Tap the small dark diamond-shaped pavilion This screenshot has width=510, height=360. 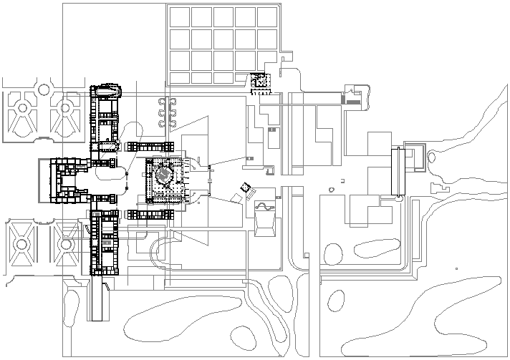click(246, 188)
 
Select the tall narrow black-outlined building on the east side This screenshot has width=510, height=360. click(398, 171)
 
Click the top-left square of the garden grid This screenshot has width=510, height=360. click(179, 17)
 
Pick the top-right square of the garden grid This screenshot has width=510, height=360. click(267, 17)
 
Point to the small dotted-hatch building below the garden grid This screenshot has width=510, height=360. click(261, 83)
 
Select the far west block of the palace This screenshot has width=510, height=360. click(61, 178)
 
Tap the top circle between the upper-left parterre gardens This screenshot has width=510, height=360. click(44, 89)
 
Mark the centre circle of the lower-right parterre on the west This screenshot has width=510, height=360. click(67, 244)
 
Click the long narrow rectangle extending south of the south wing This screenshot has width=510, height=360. click(99, 301)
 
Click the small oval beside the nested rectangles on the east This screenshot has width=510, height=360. click(331, 190)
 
